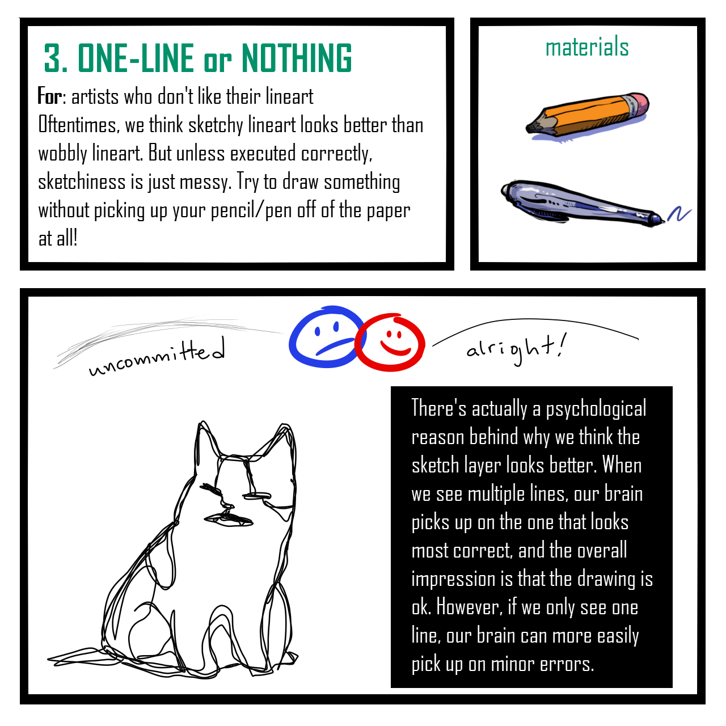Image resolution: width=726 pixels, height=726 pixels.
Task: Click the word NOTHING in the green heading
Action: click(296, 58)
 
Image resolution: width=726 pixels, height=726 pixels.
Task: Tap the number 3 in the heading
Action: click(53, 58)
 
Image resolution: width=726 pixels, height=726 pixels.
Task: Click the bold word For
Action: click(49, 96)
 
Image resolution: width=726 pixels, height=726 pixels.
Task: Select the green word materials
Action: click(587, 47)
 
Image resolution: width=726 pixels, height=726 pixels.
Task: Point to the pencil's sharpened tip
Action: click(529, 128)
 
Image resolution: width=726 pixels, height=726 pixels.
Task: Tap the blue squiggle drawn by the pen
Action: click(679, 214)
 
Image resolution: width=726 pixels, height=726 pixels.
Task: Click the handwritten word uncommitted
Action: click(157, 357)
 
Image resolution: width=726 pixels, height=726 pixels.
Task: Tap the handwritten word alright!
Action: click(516, 348)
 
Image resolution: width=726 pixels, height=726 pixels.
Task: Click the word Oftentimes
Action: click(79, 125)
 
